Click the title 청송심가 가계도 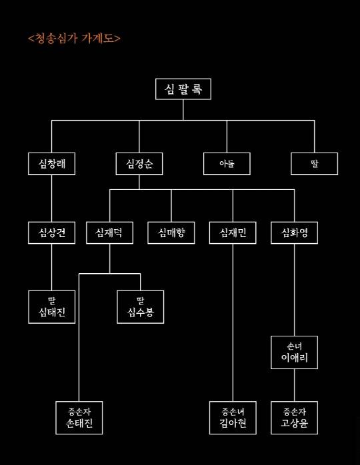75,38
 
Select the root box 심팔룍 183,89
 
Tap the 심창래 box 52,163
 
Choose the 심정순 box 139,163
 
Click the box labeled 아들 227,163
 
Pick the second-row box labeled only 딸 314,163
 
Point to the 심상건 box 52,232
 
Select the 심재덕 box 109,232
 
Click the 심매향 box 171,232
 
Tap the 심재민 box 233,232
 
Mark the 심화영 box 294,232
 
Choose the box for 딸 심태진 52,306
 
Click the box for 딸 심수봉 140,306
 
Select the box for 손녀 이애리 294,352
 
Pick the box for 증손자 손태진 79,418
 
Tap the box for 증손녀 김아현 233,418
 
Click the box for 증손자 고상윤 294,418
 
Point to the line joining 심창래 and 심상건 52,198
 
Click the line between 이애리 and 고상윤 294,385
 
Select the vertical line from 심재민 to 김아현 233,320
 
